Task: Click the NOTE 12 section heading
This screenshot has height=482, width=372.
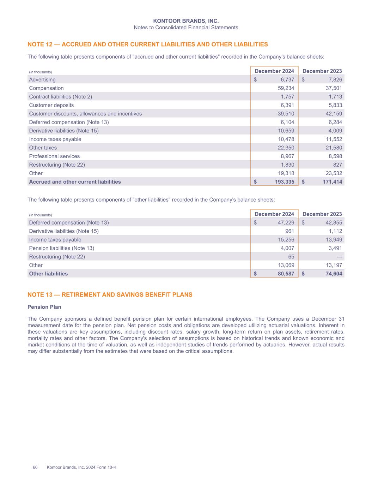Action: point(147,44)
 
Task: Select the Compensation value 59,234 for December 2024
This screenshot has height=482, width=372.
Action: point(286,88)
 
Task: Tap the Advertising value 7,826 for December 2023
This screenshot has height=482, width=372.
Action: point(335,80)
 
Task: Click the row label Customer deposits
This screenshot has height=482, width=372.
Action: point(51,105)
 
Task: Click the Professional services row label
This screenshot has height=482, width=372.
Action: point(54,156)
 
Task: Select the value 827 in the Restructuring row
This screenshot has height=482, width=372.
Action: point(337,165)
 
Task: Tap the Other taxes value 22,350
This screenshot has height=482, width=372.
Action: point(286,148)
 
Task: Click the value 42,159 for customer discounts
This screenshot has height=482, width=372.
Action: point(334,114)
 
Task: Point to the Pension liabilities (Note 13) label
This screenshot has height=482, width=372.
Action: point(61,248)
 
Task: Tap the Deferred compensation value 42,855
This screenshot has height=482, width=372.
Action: point(334,223)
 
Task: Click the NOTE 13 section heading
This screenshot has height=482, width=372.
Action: point(110,295)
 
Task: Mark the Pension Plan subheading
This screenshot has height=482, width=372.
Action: point(44,307)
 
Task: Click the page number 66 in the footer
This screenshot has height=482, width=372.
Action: point(35,468)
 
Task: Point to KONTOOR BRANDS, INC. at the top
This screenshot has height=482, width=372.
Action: point(186,22)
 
